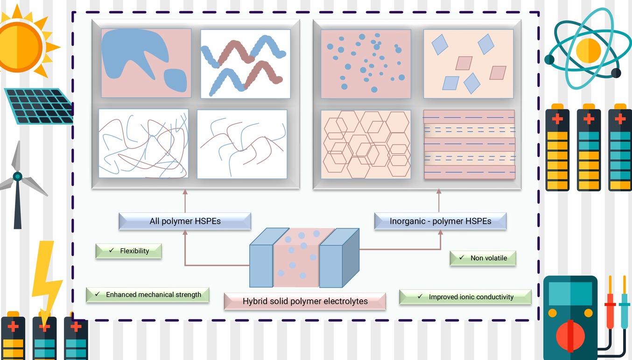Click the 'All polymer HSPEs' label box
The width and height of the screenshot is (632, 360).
click(185, 221)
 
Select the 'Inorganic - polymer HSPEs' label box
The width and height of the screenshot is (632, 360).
click(440, 221)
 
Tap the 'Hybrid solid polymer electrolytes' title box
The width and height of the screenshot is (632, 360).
click(305, 301)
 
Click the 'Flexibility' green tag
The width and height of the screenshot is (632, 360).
click(129, 251)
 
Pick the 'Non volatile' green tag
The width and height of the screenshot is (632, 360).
click(483, 258)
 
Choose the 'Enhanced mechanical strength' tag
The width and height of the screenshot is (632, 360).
click(147, 295)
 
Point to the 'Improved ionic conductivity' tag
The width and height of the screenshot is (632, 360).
click(465, 297)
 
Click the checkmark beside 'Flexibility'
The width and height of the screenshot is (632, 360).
click(112, 250)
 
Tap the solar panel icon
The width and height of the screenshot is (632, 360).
click(39, 106)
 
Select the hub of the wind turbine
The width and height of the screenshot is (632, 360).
click(18, 176)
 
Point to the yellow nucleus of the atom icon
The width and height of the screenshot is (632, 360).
click(588, 51)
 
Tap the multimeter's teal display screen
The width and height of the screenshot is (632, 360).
click(570, 293)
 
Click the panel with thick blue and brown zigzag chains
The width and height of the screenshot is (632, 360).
click(246, 64)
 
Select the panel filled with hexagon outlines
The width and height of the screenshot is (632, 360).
click(366, 144)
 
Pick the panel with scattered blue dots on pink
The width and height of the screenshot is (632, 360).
click(366, 64)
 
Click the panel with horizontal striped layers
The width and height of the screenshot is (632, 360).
click(470, 144)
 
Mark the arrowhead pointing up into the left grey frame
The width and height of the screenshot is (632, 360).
click(185, 192)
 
